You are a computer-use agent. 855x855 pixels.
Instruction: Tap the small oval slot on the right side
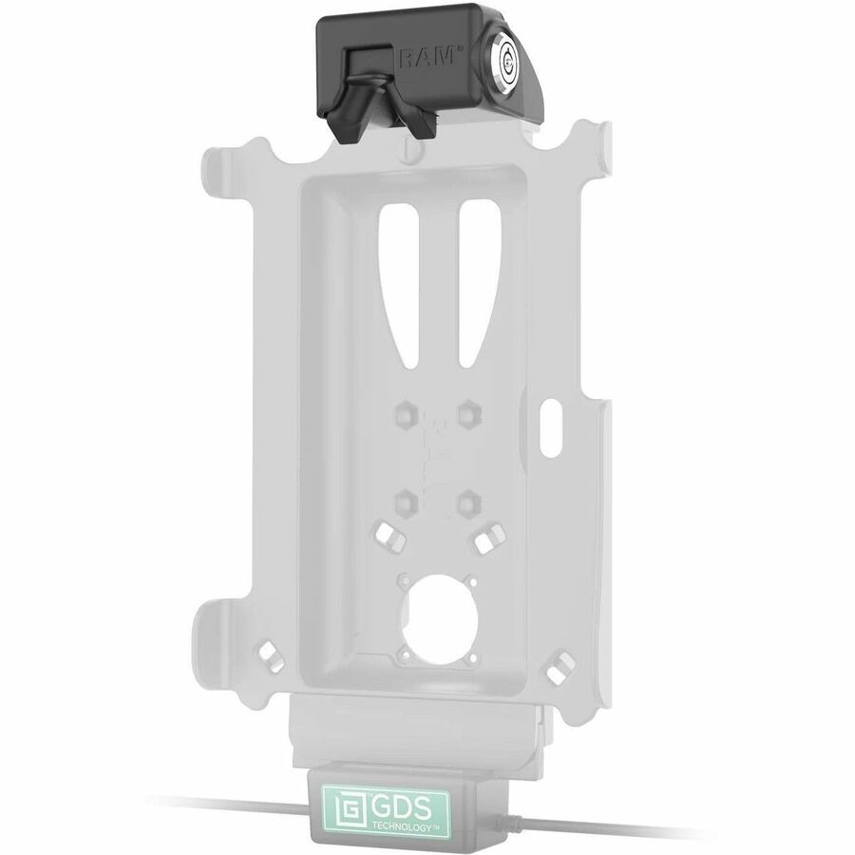[x=552, y=428]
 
